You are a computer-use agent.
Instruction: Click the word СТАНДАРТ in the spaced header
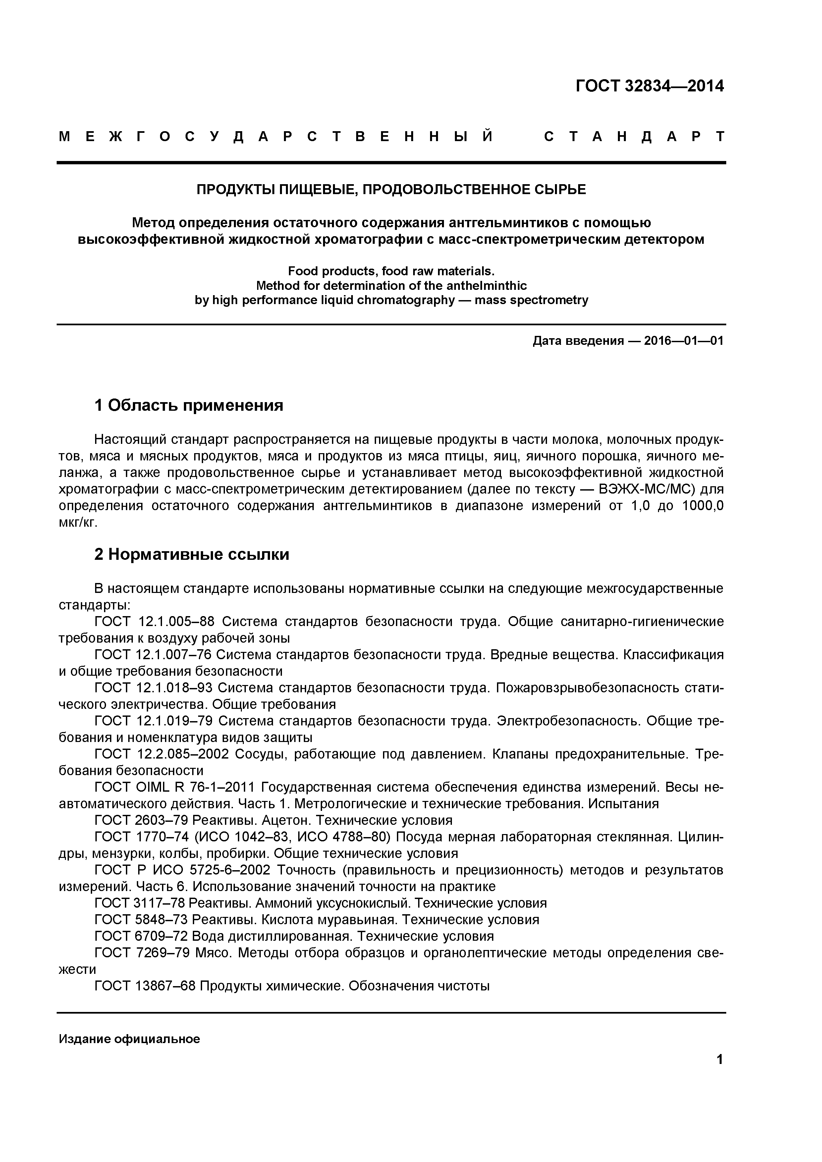tap(635, 137)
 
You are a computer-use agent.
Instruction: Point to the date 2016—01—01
tap(683, 341)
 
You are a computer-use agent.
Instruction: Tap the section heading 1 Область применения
tap(189, 405)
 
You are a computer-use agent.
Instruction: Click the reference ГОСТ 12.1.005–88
tap(154, 621)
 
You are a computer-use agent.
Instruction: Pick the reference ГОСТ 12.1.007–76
tap(154, 655)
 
